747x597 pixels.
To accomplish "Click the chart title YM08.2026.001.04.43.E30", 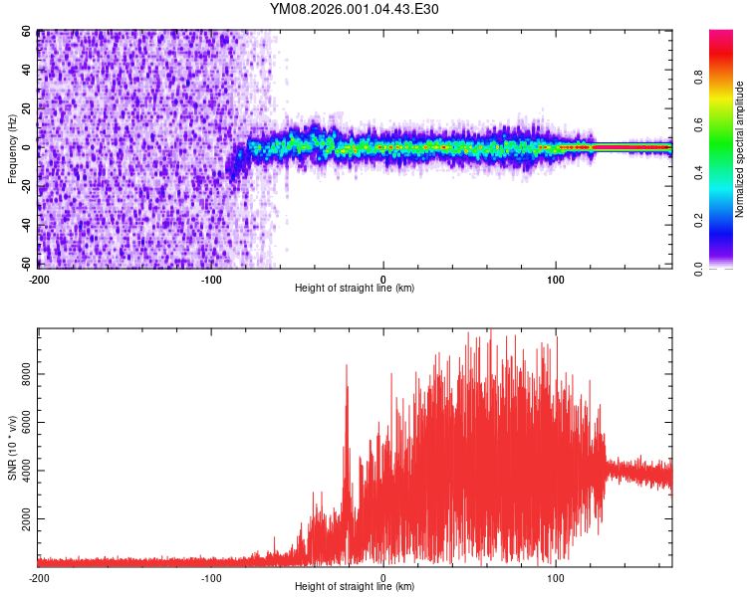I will click(x=355, y=10).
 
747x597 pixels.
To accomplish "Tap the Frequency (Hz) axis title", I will click(x=12, y=148).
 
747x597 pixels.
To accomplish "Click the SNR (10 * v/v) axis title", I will click(x=12, y=448).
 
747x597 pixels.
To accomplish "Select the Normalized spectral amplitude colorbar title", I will click(x=740, y=149).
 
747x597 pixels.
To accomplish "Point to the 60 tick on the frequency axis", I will click(x=26, y=32).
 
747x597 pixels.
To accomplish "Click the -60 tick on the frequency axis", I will click(x=24, y=264).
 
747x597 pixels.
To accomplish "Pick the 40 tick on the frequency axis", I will click(x=26, y=71).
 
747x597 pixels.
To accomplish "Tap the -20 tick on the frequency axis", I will click(x=24, y=187).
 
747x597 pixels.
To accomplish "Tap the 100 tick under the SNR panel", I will click(x=556, y=577).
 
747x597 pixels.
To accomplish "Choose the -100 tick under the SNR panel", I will click(x=211, y=577).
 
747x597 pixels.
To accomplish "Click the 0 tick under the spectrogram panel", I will click(x=383, y=278).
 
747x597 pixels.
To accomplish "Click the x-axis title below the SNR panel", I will click(x=355, y=587).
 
